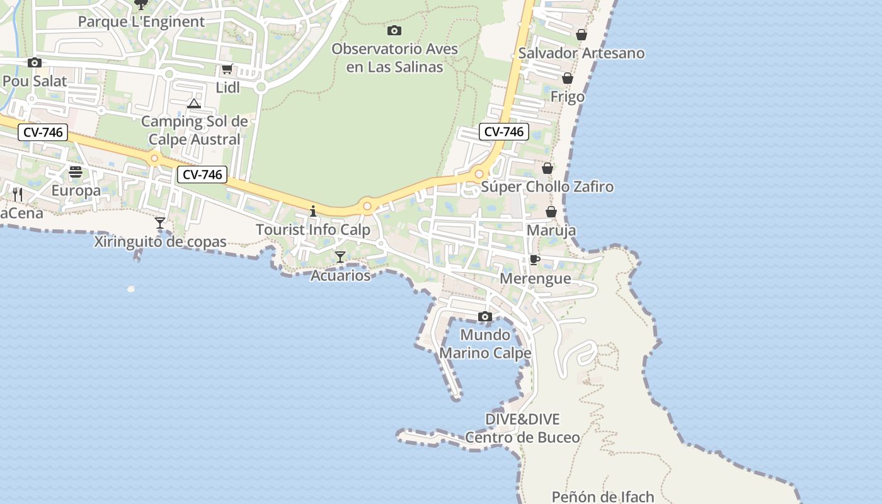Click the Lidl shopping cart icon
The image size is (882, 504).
(227, 69)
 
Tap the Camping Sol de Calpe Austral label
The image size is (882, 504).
(194, 130)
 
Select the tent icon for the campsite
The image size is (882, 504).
(194, 103)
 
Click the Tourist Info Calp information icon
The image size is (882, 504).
(313, 211)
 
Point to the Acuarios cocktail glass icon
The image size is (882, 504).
(340, 256)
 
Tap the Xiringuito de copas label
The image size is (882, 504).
(160, 241)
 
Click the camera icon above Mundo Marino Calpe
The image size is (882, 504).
(485, 316)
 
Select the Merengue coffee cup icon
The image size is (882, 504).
(534, 260)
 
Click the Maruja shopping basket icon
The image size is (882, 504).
(551, 212)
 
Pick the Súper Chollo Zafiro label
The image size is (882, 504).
(547, 187)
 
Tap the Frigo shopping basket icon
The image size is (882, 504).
(568, 79)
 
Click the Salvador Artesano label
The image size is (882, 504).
(581, 54)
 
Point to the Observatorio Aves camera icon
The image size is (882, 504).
(394, 30)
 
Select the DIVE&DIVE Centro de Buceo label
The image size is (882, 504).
(522, 428)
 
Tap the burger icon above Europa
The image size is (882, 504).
(76, 172)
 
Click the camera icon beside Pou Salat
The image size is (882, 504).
(35, 62)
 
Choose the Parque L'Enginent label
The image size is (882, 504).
(141, 21)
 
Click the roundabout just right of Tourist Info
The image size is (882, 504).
(367, 206)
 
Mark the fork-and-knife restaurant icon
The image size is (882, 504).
(18, 194)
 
